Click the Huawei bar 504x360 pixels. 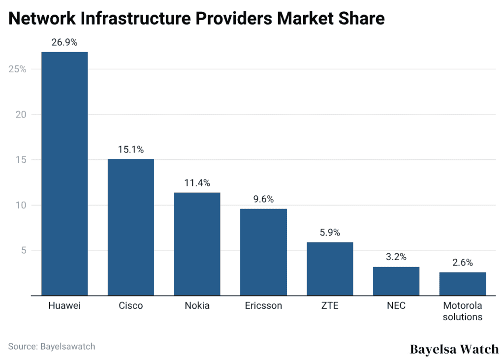pos(64,174)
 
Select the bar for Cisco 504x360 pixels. pos(131,227)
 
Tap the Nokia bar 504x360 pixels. pos(197,244)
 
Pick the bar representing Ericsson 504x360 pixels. pos(263,252)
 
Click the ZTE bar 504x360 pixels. pos(330,269)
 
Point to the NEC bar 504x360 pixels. pos(396,281)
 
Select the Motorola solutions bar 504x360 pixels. pos(463,284)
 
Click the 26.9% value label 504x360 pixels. pos(64,42)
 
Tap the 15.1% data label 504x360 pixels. pos(131,150)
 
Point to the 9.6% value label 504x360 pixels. pos(263,199)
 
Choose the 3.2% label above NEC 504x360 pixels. pos(396,257)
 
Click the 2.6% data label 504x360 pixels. pos(463,263)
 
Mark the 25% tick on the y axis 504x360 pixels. pos(17,69)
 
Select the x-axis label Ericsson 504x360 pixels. pos(263,306)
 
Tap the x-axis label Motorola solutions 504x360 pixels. pos(463,311)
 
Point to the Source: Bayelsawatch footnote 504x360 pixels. pos(52,346)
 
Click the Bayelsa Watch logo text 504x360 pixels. pos(454,349)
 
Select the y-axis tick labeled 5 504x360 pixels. pos(23,250)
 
